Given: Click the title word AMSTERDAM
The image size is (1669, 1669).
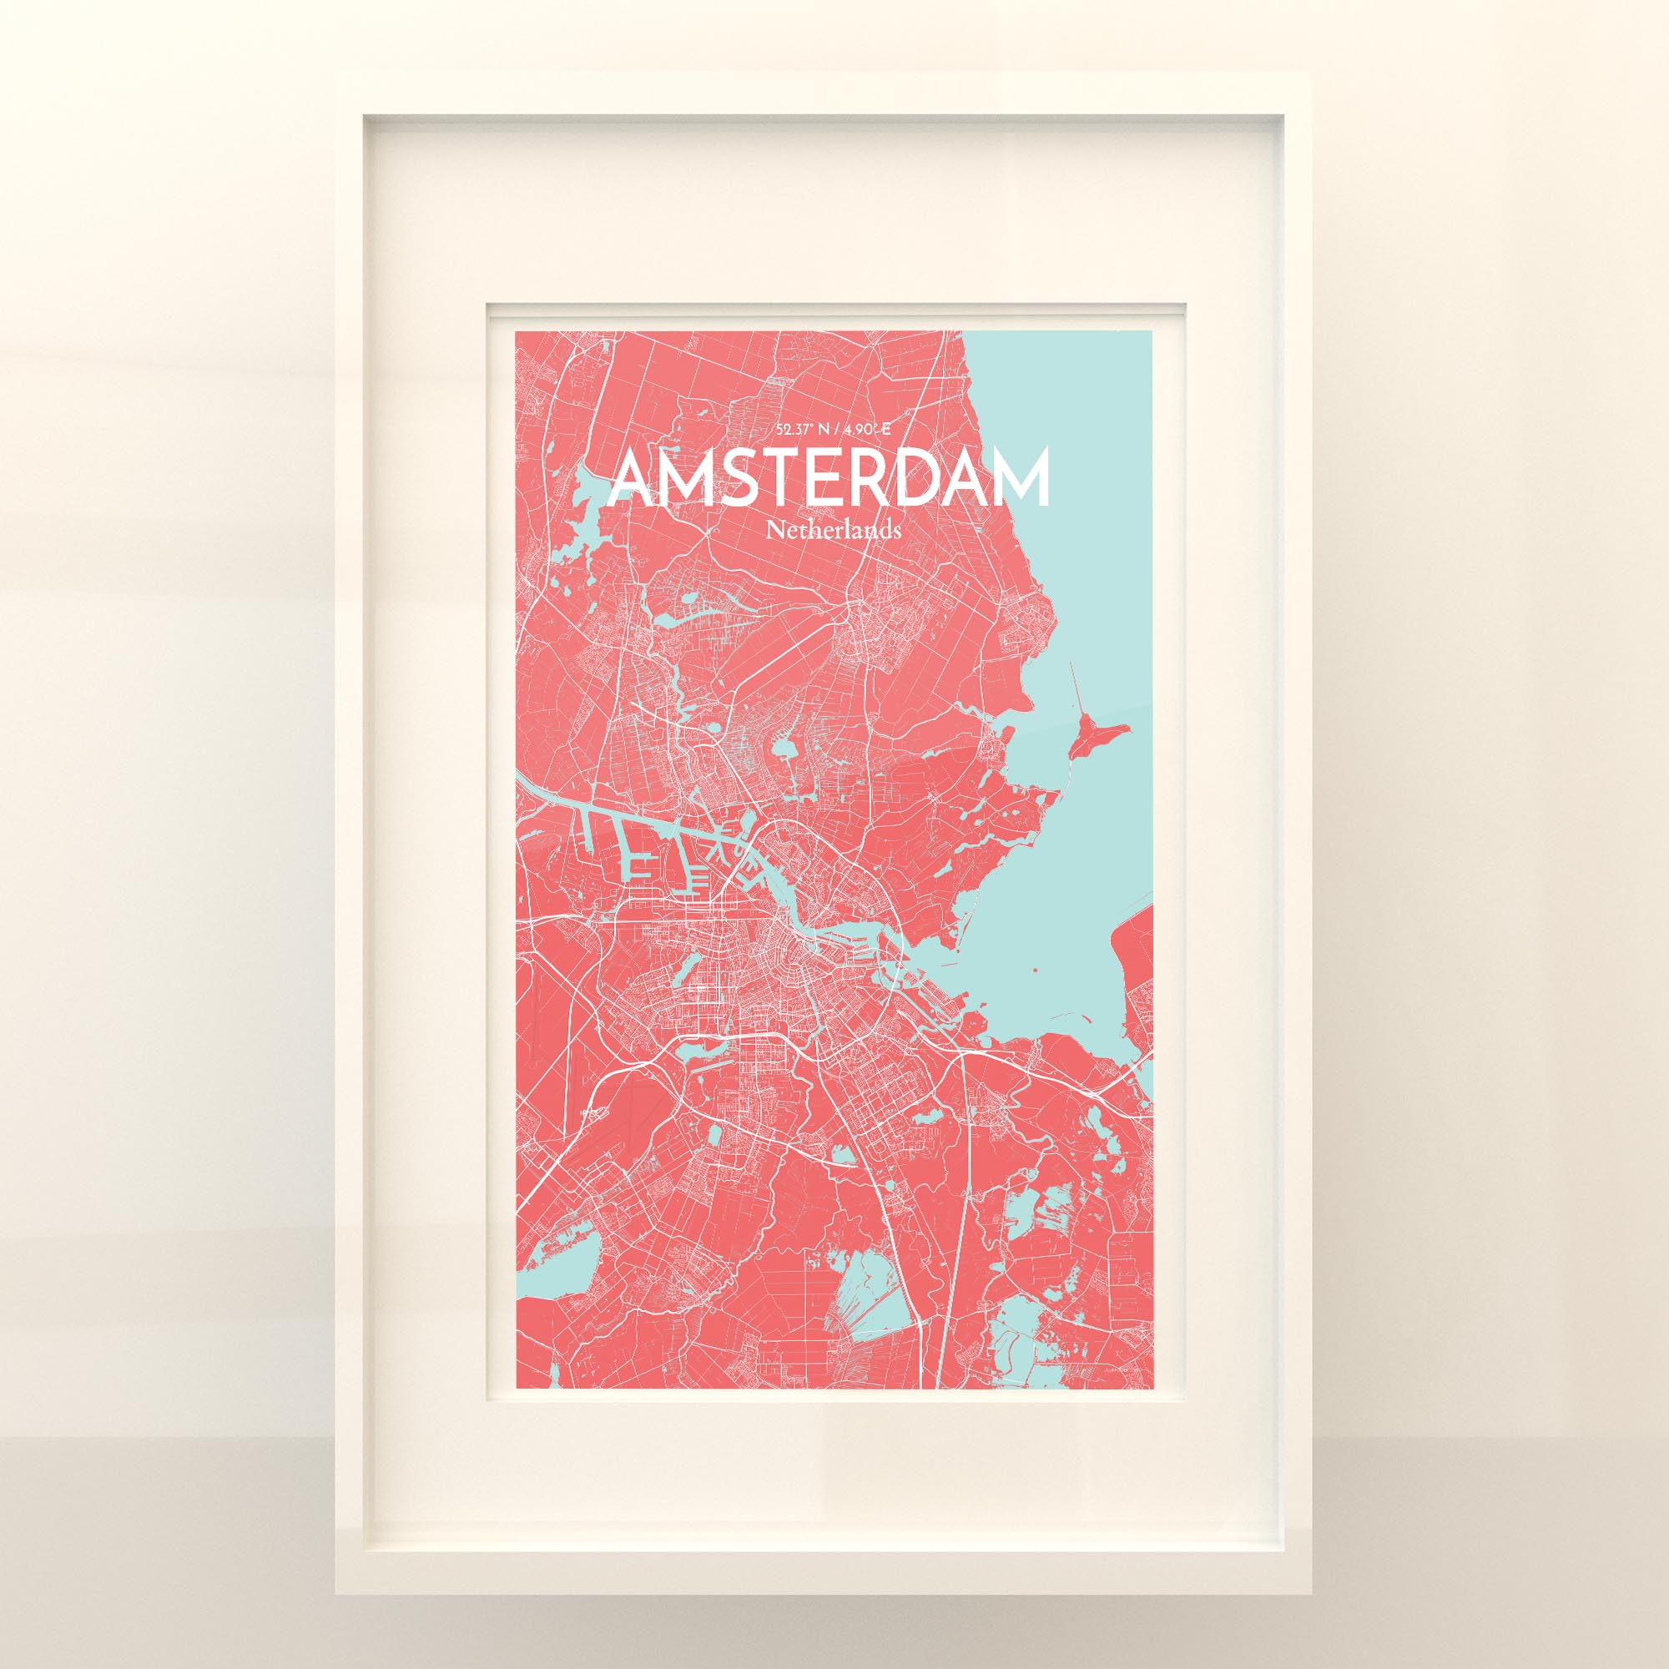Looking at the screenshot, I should coord(829,478).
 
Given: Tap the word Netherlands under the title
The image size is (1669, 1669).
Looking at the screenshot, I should coord(834,531).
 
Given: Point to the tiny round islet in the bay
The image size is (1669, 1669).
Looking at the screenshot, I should coord(1035,969).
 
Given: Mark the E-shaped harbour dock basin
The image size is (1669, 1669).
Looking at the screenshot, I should coord(639,866).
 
